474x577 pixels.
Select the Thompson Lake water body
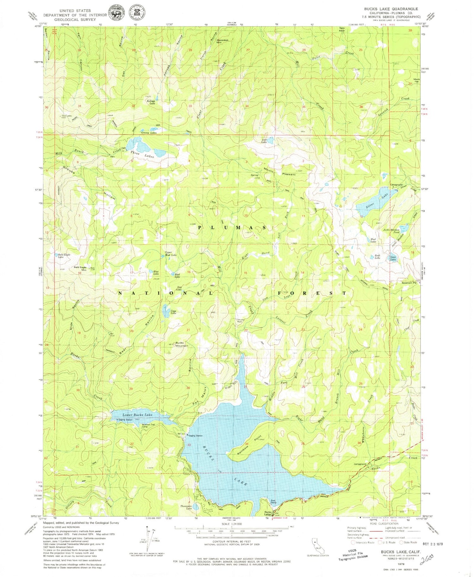click(x=196, y=507)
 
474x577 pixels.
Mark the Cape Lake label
click(x=173, y=312)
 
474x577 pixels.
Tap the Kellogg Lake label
click(x=151, y=102)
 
